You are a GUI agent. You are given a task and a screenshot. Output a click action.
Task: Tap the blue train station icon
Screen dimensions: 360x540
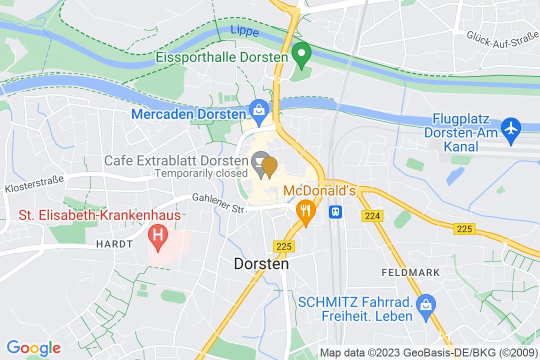point(334,211)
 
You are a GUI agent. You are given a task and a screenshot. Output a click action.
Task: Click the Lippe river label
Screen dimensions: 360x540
point(245,31)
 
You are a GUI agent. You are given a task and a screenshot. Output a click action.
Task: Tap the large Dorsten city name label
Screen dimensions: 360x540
point(261,263)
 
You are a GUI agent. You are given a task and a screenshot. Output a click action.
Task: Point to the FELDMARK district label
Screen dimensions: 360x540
point(410,273)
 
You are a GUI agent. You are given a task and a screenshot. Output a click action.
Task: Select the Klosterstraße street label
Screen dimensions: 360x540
point(35,183)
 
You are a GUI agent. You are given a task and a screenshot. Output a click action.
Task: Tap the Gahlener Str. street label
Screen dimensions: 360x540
point(220,204)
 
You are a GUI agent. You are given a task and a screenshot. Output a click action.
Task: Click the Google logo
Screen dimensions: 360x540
point(33,347)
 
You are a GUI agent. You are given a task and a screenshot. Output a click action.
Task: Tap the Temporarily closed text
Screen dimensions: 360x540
point(201,173)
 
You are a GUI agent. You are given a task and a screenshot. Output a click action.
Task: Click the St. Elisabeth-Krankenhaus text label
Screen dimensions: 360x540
point(99,216)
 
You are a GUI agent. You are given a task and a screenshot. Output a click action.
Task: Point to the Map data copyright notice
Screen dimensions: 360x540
point(428,352)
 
